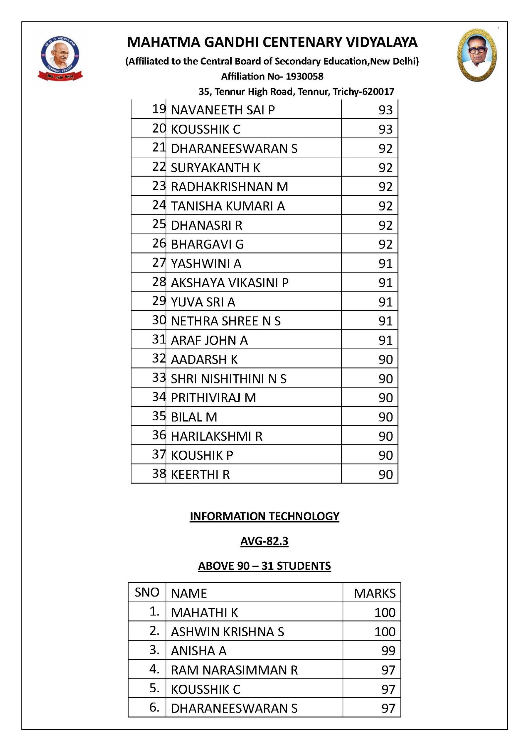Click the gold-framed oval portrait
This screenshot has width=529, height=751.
click(477, 55)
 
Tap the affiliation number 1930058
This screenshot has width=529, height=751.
click(304, 77)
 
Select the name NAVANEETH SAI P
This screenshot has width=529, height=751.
click(223, 110)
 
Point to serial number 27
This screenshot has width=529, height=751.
click(159, 263)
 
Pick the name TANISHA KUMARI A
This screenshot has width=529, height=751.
click(228, 206)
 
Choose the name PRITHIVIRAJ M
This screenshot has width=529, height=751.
click(213, 398)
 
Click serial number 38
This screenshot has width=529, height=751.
click(159, 473)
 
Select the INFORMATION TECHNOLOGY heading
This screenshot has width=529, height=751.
click(264, 516)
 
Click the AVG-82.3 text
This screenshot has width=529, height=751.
click(264, 541)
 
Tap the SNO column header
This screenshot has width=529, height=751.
click(147, 592)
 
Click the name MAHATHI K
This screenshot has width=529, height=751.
click(205, 613)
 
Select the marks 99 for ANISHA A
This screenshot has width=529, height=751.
click(388, 651)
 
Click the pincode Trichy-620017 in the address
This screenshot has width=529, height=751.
click(363, 92)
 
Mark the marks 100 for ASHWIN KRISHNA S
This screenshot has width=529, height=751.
click(385, 632)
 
